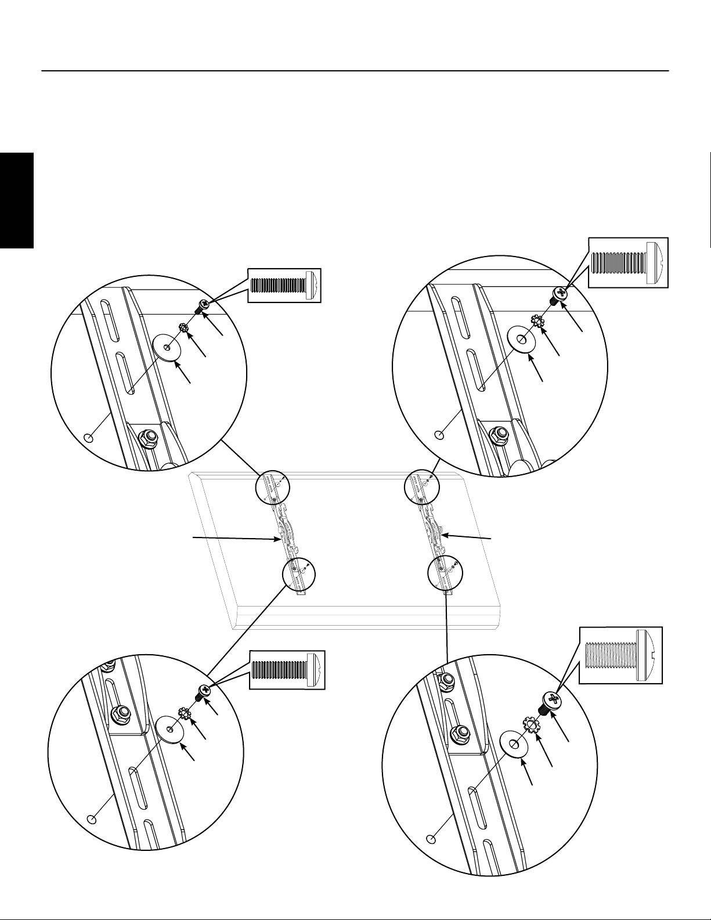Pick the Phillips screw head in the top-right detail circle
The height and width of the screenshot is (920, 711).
point(561,293)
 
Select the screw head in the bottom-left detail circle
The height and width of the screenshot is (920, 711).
point(204,691)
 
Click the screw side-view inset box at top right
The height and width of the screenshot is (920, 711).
point(628,262)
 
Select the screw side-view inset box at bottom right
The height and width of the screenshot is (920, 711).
point(620,655)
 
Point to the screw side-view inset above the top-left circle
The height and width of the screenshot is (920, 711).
point(284,286)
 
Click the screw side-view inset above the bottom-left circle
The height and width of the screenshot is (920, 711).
point(287,670)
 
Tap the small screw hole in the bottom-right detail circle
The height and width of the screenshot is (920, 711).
point(431,839)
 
